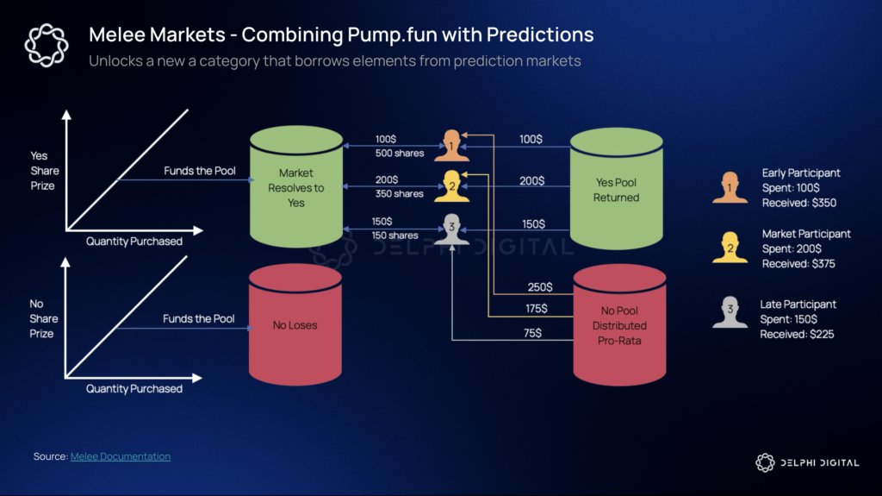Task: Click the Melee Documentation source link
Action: point(120,456)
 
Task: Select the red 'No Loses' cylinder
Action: point(295,325)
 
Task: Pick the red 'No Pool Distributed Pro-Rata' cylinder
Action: point(619,326)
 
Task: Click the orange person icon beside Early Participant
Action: point(730,187)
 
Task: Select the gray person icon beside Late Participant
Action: point(730,312)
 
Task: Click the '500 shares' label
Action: point(399,154)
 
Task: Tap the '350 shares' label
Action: point(399,194)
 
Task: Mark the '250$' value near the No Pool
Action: point(540,287)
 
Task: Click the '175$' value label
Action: point(536,308)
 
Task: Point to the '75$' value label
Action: point(533,332)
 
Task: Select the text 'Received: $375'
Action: point(798,264)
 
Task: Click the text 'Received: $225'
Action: point(797,334)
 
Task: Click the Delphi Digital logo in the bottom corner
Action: point(806,463)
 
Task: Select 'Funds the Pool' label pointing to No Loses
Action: point(199,319)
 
